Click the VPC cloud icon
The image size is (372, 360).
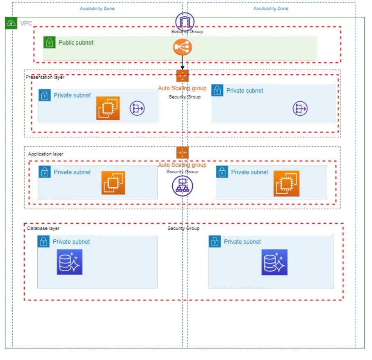click(11, 23)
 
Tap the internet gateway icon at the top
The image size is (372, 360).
click(184, 21)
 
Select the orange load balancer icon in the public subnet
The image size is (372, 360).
click(183, 48)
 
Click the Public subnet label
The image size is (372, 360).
click(76, 43)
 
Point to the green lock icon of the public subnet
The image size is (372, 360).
click(50, 42)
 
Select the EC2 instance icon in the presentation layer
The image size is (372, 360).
click(108, 108)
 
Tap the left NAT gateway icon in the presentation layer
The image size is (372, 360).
click(137, 108)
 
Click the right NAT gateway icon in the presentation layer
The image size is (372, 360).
click(300, 108)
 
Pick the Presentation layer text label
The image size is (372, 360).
click(45, 77)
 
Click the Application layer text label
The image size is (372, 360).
click(46, 154)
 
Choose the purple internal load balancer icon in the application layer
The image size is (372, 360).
click(183, 186)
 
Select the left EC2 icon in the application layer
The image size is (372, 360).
click(113, 183)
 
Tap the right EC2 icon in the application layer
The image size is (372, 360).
click(286, 183)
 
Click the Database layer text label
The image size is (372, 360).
click(43, 228)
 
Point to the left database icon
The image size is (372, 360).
click(70, 262)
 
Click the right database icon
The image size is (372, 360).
click(274, 262)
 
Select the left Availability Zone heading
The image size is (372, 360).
click(97, 9)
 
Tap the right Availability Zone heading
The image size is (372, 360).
click(271, 9)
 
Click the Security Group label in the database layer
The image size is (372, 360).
click(183, 228)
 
